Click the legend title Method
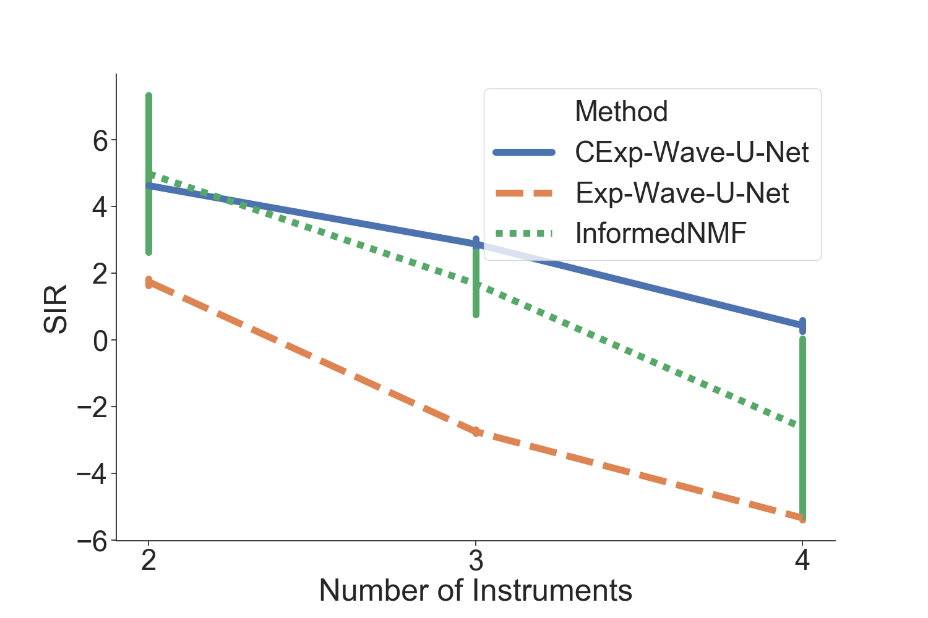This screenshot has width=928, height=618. click(x=621, y=112)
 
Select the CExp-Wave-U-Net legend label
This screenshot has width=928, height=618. click(x=692, y=153)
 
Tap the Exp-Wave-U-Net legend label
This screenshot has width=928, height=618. click(x=682, y=193)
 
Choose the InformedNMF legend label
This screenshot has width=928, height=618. click(x=661, y=234)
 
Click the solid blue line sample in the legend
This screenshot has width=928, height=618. click(x=524, y=153)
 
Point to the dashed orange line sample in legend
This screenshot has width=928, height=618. click(x=524, y=193)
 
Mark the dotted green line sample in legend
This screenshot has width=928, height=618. click(x=524, y=234)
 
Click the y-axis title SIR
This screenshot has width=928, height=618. click(x=56, y=309)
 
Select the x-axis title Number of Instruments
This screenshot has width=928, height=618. click(x=475, y=590)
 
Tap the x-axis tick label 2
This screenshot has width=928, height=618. click(x=148, y=561)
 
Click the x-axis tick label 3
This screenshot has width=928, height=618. click(x=476, y=561)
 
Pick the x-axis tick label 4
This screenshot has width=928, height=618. click(x=802, y=561)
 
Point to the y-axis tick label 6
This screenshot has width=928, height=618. click(x=100, y=141)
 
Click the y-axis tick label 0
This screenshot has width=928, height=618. click(x=100, y=341)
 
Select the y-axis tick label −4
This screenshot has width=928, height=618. click(x=92, y=474)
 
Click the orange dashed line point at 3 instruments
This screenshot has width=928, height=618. click(x=476, y=432)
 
